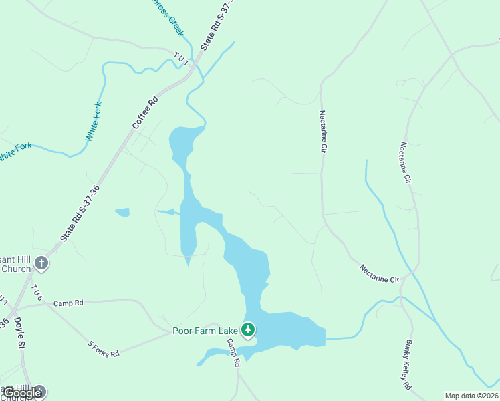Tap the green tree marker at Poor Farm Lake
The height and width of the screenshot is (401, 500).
[x=248, y=329]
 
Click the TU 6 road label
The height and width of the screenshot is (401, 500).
[x=36, y=293]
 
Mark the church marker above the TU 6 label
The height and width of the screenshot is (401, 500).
[x=41, y=263]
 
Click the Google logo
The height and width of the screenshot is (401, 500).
[x=21, y=393]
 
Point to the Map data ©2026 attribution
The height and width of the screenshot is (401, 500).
[x=471, y=396]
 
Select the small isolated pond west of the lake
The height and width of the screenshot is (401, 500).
[x=122, y=213]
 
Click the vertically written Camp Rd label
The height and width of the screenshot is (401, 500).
[x=233, y=353]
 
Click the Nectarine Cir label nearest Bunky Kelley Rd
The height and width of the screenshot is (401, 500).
[x=378, y=273]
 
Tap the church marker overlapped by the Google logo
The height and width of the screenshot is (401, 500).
[x=39, y=392]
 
